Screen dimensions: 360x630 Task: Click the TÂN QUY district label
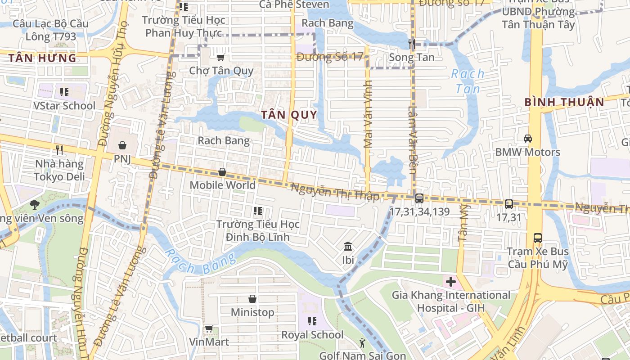click(x=289, y=115)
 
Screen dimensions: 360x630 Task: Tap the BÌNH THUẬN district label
click(x=564, y=102)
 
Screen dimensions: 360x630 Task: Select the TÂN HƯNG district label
click(x=42, y=58)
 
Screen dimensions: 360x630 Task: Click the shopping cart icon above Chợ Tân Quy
click(x=220, y=57)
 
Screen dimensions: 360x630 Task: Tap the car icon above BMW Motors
click(x=527, y=138)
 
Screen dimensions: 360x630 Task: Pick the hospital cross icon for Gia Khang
click(x=450, y=282)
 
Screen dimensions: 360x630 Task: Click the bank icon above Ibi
click(x=348, y=246)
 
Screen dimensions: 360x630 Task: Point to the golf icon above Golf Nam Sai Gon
click(x=362, y=343)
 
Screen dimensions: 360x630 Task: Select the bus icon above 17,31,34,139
click(x=419, y=198)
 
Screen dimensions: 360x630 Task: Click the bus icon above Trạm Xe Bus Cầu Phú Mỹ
click(x=537, y=237)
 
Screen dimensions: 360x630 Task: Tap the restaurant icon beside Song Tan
click(x=412, y=44)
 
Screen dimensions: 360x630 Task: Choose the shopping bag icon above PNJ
click(x=122, y=145)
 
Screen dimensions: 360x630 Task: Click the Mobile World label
click(x=222, y=185)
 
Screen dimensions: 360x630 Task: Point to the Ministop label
click(x=252, y=312)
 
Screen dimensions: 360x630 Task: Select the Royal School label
click(x=312, y=335)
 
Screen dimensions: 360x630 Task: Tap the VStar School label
click(x=64, y=106)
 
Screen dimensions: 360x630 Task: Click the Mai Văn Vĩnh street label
click(x=368, y=114)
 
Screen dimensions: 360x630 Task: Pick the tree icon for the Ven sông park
click(x=34, y=205)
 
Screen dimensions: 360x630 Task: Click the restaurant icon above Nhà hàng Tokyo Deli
click(x=59, y=149)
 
